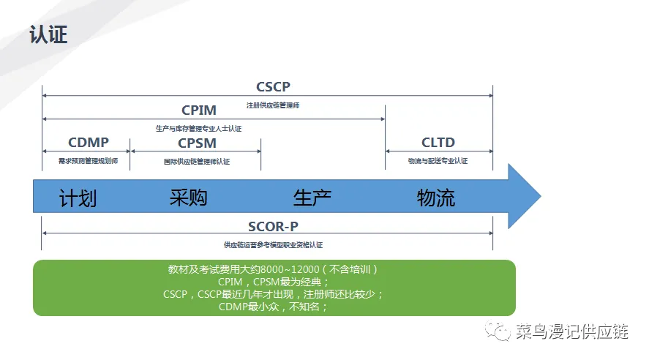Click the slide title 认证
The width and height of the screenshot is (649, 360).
[48, 34]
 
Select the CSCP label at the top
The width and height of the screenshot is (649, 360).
[273, 87]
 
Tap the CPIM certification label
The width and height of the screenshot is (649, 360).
[199, 110]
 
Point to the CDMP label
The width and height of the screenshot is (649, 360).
[88, 143]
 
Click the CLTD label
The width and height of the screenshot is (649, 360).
[438, 143]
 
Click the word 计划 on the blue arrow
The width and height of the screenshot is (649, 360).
[78, 198]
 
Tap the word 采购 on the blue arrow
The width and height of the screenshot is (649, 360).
[189, 198]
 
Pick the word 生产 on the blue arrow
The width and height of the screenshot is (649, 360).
[312, 198]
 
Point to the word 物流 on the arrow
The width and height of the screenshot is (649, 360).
[436, 198]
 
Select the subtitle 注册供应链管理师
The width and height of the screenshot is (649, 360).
[273, 105]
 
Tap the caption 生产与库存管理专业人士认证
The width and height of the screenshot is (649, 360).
[199, 129]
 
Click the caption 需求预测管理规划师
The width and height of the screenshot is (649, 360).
[88, 161]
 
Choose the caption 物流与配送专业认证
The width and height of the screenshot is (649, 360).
[438, 161]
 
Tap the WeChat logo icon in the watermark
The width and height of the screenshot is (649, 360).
[501, 331]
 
